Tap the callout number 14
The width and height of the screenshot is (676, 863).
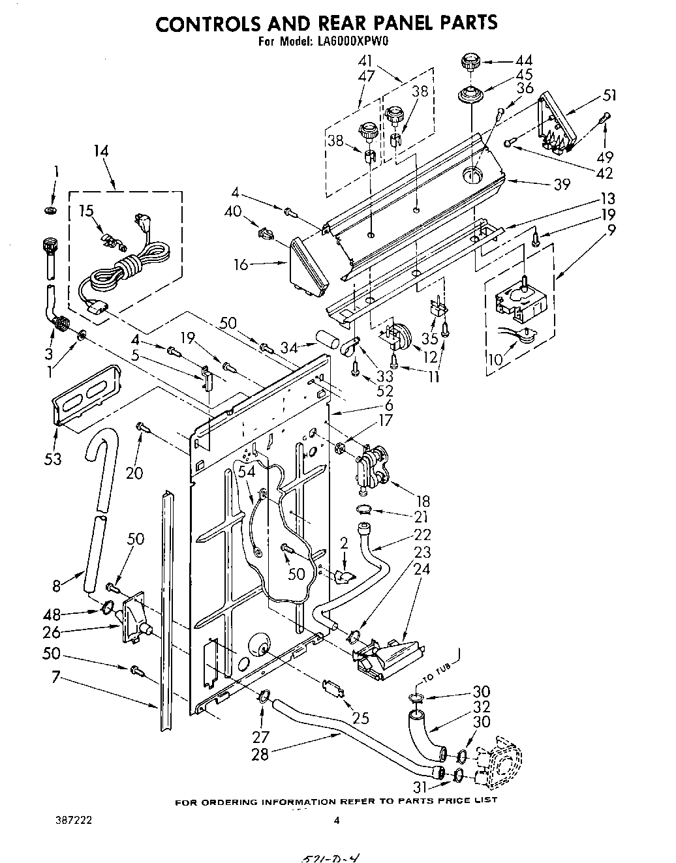(100, 151)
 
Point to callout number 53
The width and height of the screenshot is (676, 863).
(53, 459)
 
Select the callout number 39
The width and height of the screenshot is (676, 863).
(562, 185)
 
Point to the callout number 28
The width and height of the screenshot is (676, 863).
(260, 754)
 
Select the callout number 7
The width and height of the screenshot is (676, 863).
(56, 678)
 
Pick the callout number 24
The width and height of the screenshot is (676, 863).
(422, 568)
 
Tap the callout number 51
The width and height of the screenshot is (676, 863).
(609, 95)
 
